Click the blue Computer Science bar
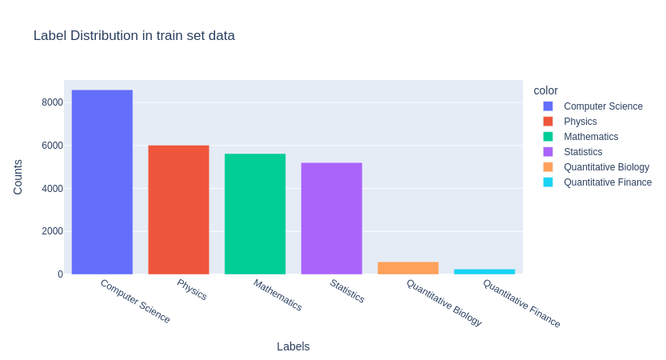(102, 182)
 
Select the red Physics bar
(178, 210)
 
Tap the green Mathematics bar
(255, 214)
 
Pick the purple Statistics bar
(331, 218)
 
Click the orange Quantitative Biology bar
(408, 268)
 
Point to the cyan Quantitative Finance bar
(485, 271)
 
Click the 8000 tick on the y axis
(53, 102)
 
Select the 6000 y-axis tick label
(53, 146)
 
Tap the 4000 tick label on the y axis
(53, 189)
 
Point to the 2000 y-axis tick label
(53, 231)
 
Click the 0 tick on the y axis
(60, 274)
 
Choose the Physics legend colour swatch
(548, 122)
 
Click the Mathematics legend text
(591, 137)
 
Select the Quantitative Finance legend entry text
(608, 182)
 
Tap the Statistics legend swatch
(548, 152)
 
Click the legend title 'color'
(546, 90)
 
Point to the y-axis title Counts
(18, 177)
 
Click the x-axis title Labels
(293, 346)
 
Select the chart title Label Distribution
(134, 36)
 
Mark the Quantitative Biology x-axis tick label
(445, 302)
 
